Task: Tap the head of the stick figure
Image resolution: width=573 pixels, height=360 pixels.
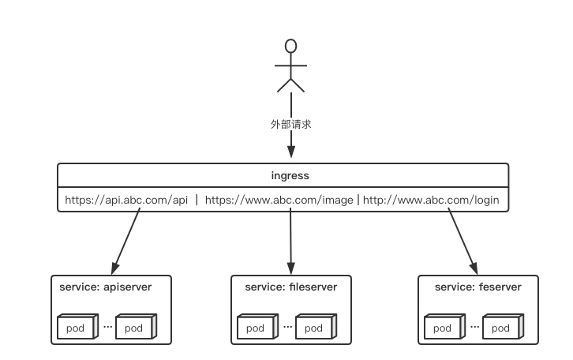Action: coord(290,46)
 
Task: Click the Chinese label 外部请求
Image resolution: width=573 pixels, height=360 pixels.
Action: coord(290,124)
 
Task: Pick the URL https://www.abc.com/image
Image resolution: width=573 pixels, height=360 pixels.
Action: coord(279,200)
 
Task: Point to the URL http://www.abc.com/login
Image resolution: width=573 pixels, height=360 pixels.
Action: coord(431,200)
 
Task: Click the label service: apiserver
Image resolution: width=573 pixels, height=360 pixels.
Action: coord(105,287)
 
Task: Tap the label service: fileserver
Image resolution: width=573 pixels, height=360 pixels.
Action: coord(290,287)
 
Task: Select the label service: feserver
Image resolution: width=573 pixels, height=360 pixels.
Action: coord(477,287)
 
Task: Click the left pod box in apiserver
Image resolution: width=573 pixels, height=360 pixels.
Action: coord(76,328)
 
